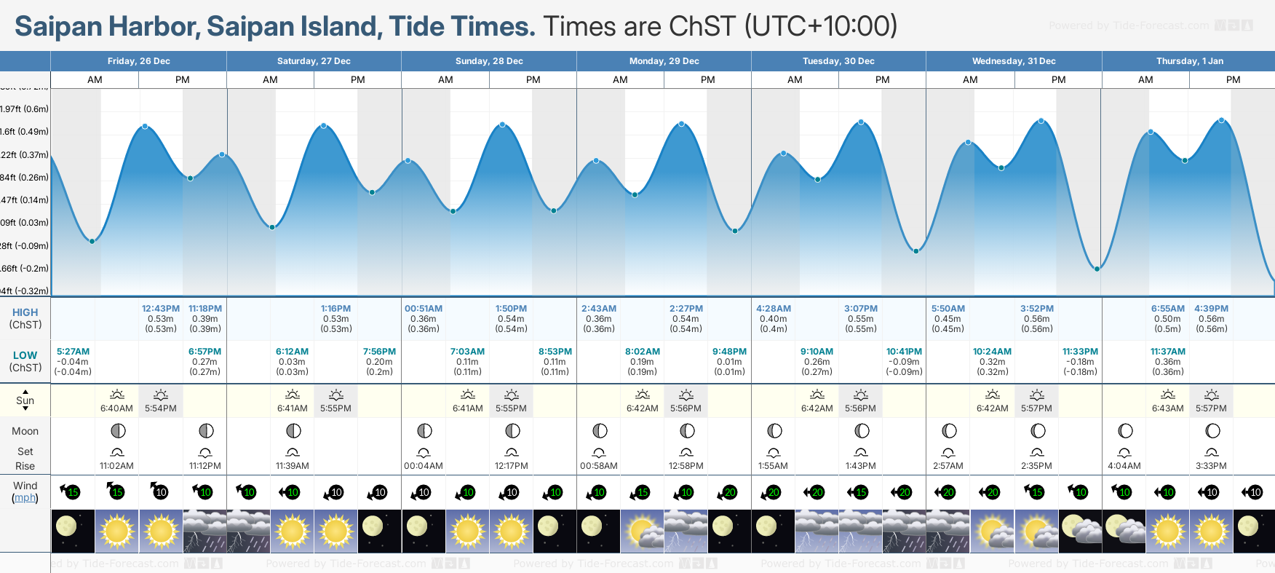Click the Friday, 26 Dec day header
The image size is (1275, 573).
pos(138,61)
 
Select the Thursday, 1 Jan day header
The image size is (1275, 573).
pos(1189,61)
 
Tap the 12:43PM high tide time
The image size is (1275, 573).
pos(161,309)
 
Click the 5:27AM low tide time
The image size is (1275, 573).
pos(73,352)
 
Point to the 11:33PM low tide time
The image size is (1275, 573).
pos(1080,352)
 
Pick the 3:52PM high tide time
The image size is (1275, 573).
pos(1036,309)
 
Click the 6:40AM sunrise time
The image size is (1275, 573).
pos(116,408)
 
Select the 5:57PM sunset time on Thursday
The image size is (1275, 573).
pos(1211,408)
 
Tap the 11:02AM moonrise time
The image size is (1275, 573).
pos(116,466)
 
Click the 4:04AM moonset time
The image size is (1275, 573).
pos(1124,466)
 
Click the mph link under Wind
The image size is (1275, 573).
pos(25,498)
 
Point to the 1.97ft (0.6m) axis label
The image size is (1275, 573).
pos(25,109)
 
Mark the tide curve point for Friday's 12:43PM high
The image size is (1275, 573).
pos(146,127)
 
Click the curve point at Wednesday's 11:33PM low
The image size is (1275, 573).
pos(1097,269)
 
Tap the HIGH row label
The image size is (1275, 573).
pos(25,312)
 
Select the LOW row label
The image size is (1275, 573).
pos(25,355)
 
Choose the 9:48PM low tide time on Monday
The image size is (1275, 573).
pos(729,352)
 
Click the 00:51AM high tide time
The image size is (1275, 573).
pos(424,309)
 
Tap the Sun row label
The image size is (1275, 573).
pos(25,400)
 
